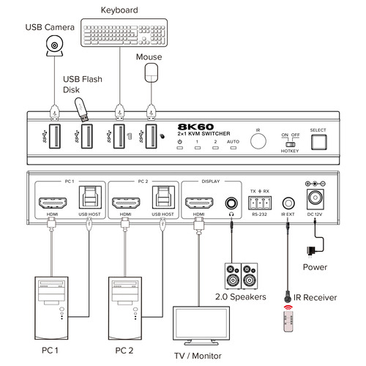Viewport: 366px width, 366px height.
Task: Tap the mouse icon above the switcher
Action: click(x=152, y=72)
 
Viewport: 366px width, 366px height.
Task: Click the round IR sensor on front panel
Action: click(x=258, y=139)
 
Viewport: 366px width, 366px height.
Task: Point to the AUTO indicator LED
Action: click(x=233, y=149)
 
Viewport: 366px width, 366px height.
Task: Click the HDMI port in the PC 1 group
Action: click(x=52, y=202)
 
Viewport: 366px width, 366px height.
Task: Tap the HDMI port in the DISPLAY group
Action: click(x=198, y=202)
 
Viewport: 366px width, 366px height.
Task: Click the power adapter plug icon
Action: click(x=313, y=250)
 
